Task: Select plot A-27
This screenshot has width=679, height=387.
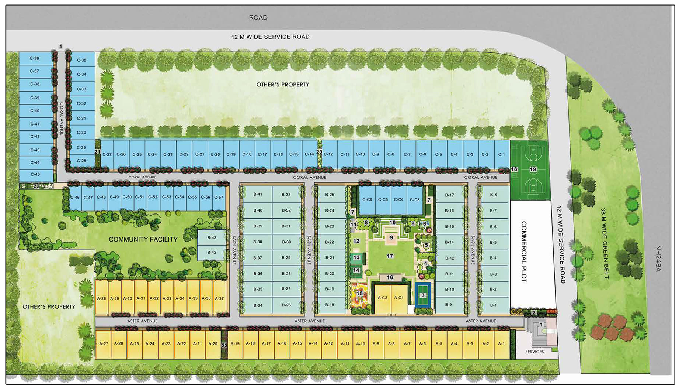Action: pos(104,343)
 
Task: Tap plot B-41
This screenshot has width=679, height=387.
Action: pos(258,194)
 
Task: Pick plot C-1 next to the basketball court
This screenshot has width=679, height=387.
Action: pos(501,154)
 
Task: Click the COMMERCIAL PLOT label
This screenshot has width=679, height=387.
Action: pos(523,251)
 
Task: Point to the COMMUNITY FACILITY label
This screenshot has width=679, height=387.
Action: pos(143,239)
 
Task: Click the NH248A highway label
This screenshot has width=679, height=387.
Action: pos(658,258)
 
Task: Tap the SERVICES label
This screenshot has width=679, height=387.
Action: pos(534,352)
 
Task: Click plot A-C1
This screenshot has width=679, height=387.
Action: pos(398,298)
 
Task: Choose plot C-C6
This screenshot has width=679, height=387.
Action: pos(367,199)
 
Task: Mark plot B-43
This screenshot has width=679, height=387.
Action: pos(212,237)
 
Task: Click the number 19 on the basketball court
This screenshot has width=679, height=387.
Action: pos(533,169)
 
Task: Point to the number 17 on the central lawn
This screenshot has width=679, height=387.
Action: pos(390,256)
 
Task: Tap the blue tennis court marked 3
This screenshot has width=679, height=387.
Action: pos(423,295)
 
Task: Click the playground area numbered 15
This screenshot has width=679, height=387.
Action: pos(359,294)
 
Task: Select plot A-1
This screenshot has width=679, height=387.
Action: pos(501,343)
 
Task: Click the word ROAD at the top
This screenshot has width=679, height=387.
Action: pos(258,17)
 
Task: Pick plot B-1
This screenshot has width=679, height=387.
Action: pos(493,305)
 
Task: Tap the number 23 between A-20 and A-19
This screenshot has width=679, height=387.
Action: pos(224,345)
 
